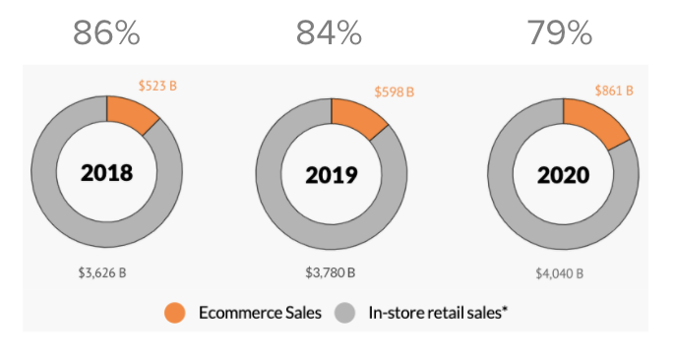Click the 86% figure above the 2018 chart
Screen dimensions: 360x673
pyautogui.click(x=107, y=34)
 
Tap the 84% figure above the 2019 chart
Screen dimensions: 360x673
pyautogui.click(x=330, y=34)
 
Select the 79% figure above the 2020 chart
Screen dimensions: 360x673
pyautogui.click(x=559, y=34)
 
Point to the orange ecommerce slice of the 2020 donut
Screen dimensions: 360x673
pyautogui.click(x=593, y=119)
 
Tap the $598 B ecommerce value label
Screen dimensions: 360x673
pyautogui.click(x=395, y=91)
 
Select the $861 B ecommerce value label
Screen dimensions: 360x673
pyautogui.click(x=614, y=90)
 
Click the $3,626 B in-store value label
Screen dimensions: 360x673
pyautogui.click(x=102, y=271)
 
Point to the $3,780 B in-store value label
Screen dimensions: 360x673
pyautogui.click(x=331, y=271)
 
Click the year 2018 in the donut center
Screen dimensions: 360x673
pyautogui.click(x=106, y=173)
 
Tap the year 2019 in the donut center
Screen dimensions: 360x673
pyautogui.click(x=331, y=176)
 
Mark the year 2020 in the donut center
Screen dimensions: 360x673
pyautogui.click(x=563, y=176)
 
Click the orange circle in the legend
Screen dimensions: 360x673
pyautogui.click(x=175, y=313)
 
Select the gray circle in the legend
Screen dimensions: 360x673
pyautogui.click(x=344, y=313)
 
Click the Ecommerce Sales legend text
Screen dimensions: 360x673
pyautogui.click(x=260, y=314)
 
